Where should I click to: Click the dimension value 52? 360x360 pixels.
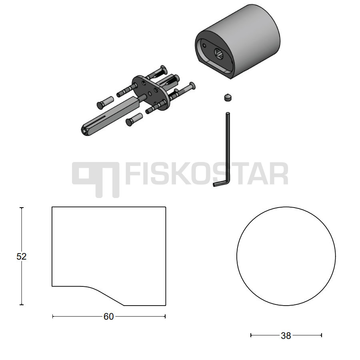point(21,256)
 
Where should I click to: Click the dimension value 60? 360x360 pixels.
point(108,317)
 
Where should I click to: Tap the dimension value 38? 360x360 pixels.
point(286,336)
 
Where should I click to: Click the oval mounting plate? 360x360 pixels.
point(150,93)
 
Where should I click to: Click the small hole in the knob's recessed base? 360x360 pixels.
point(204,46)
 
